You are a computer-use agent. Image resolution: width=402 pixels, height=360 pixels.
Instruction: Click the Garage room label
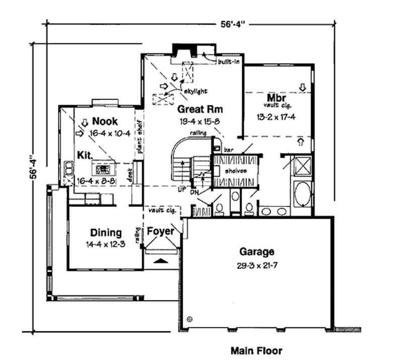(256, 252)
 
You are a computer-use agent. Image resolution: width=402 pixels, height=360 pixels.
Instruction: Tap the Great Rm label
(199, 109)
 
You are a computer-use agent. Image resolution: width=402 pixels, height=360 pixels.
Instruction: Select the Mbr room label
(277, 97)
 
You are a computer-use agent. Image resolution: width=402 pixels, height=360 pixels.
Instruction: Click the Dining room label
(106, 232)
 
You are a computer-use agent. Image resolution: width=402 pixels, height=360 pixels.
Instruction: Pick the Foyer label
(160, 231)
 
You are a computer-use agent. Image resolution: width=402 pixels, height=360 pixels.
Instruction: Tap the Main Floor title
(256, 350)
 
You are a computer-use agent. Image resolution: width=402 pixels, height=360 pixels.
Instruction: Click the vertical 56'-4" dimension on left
(33, 166)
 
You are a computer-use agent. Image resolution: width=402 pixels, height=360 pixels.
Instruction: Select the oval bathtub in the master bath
(303, 195)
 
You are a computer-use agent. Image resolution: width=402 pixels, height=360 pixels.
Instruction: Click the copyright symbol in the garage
(189, 318)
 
